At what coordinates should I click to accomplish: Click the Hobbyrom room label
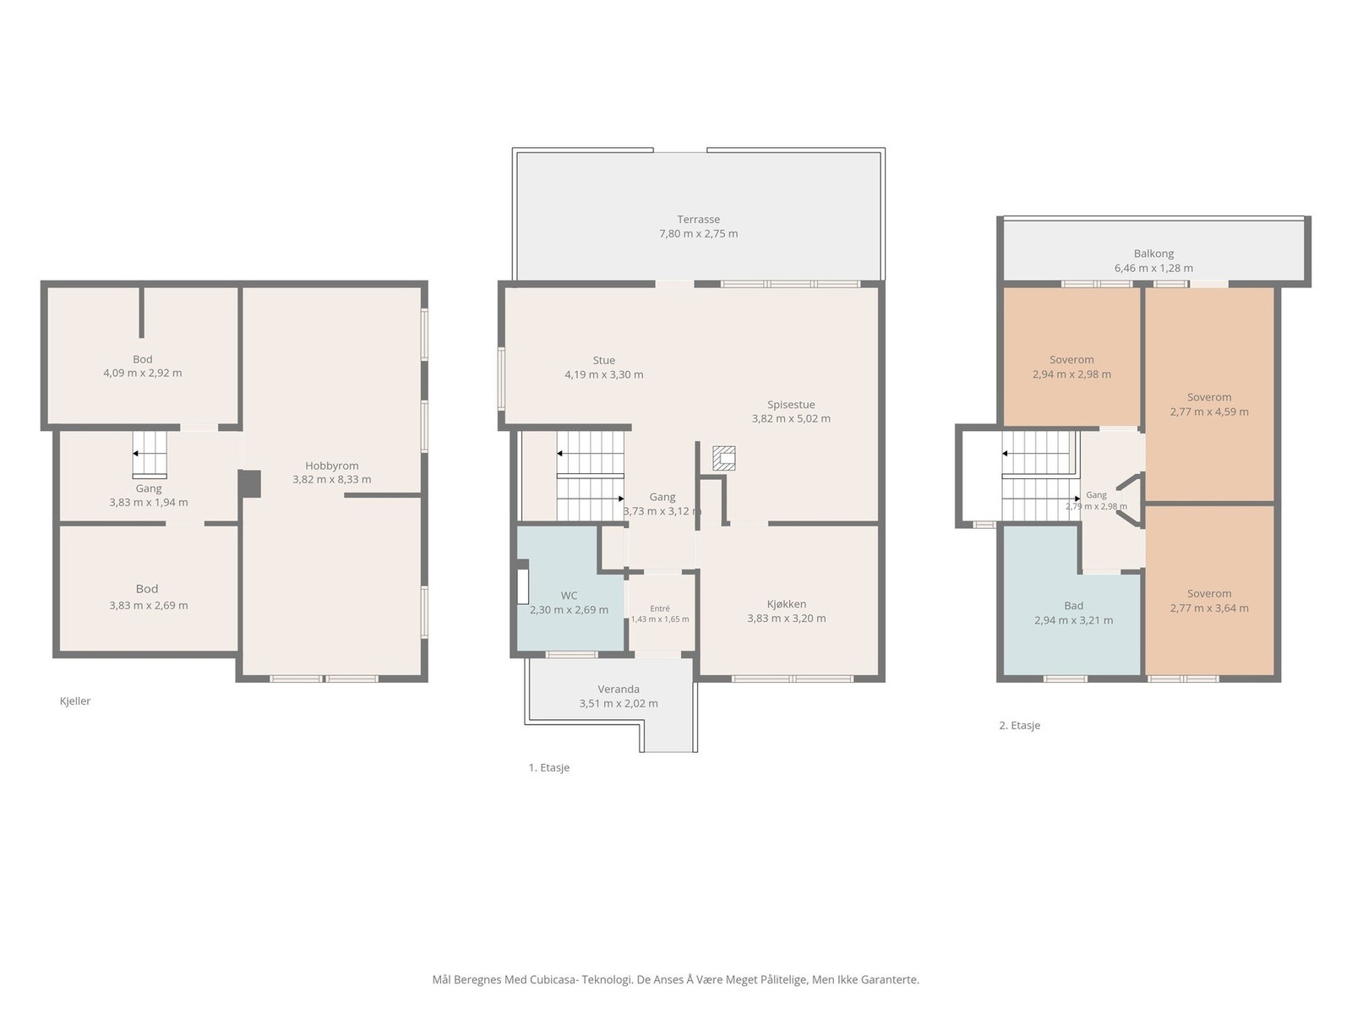tap(331, 466)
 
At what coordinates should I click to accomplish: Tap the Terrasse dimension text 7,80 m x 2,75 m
tap(698, 234)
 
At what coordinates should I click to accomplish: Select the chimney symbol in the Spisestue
tap(723, 458)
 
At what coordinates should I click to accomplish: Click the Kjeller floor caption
tap(75, 701)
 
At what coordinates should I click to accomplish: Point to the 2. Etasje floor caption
tap(1019, 725)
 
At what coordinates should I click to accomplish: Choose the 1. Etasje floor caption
tap(548, 768)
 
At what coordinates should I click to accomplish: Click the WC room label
tap(569, 596)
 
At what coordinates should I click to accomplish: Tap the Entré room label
tap(660, 608)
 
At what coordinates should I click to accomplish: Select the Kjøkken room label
tap(787, 604)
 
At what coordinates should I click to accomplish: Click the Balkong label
tap(1153, 253)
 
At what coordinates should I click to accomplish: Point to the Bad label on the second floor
tap(1074, 606)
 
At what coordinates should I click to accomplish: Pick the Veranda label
tap(619, 689)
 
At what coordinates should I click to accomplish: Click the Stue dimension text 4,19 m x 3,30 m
tap(603, 375)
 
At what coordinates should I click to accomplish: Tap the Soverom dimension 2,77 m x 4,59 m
tap(1209, 412)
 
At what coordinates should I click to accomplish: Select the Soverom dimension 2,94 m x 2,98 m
tap(1071, 374)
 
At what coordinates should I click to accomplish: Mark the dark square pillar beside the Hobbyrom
tap(249, 483)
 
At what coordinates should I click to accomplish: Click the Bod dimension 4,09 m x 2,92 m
tap(142, 373)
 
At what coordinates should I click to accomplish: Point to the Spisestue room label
tap(791, 405)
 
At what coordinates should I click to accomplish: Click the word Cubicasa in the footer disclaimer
tap(553, 979)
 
